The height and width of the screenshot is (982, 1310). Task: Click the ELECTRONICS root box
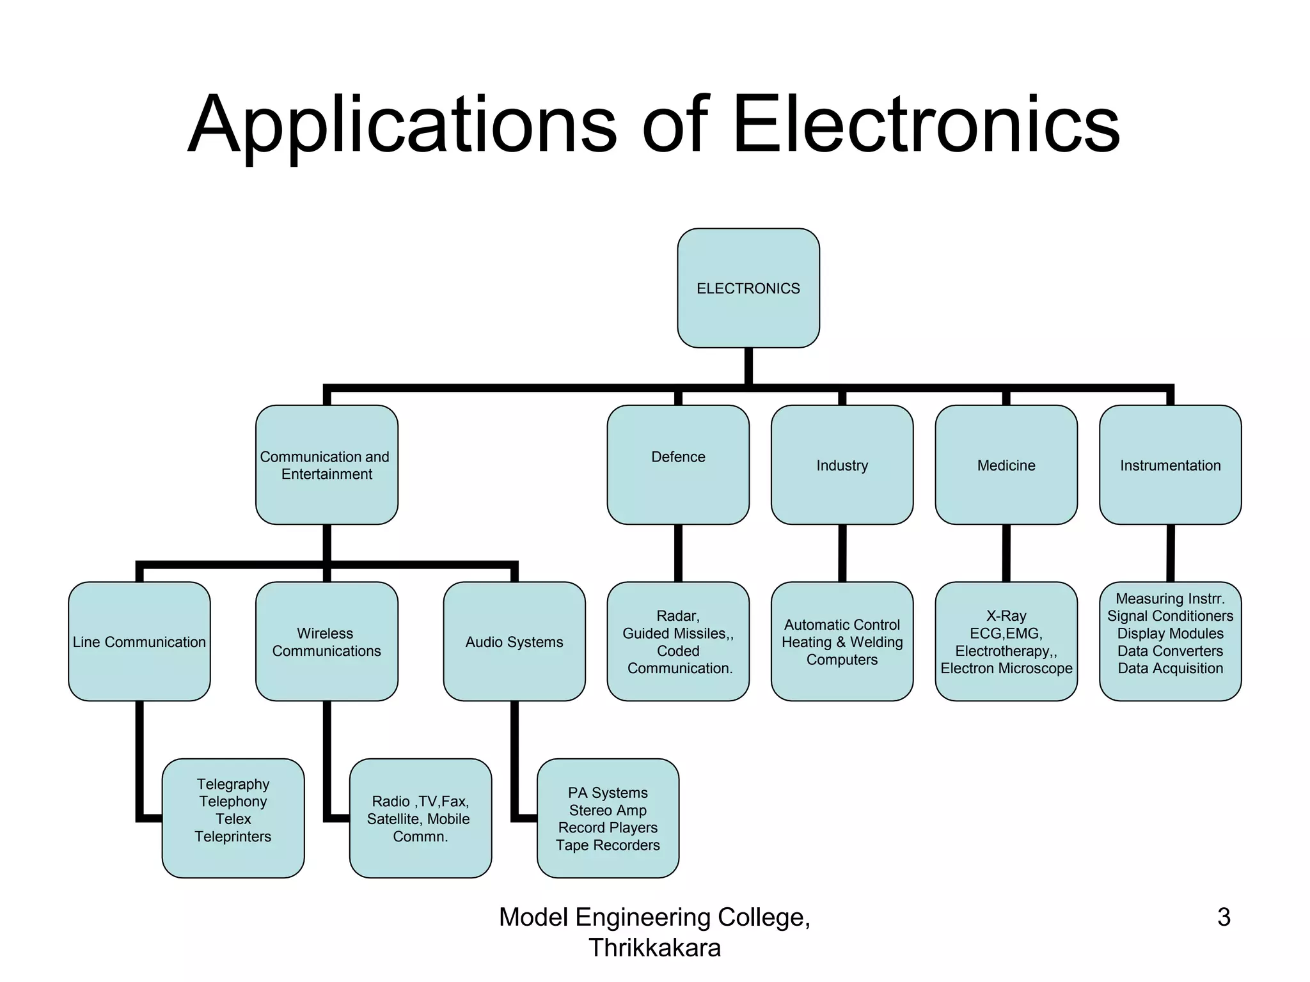pyautogui.click(x=748, y=288)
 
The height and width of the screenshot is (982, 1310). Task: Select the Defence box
pyautogui.click(x=678, y=465)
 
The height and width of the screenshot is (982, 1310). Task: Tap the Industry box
pyautogui.click(x=842, y=465)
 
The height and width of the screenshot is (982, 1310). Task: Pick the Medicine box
pyautogui.click(x=1006, y=465)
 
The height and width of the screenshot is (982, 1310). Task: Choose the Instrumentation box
pyautogui.click(x=1170, y=465)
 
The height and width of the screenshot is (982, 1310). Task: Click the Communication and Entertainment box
pyautogui.click(x=326, y=465)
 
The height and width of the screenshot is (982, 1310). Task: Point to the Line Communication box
pyautogui.click(x=139, y=641)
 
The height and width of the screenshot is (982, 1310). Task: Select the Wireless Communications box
pyautogui.click(x=326, y=641)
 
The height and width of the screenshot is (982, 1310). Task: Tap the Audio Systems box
pyautogui.click(x=514, y=641)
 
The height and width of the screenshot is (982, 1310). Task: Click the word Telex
pyautogui.click(x=233, y=819)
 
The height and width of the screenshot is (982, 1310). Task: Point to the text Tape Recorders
pyautogui.click(x=608, y=845)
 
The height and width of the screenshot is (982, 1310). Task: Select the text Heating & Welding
pyautogui.click(x=842, y=642)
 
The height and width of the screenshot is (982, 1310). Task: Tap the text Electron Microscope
pyautogui.click(x=1006, y=668)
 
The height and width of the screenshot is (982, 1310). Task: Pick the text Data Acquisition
pyautogui.click(x=1170, y=668)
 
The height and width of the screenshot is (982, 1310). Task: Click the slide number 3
pyautogui.click(x=1223, y=917)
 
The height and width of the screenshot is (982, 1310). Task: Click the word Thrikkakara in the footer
pyautogui.click(x=654, y=947)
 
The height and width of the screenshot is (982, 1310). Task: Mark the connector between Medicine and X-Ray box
pyautogui.click(x=1006, y=553)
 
